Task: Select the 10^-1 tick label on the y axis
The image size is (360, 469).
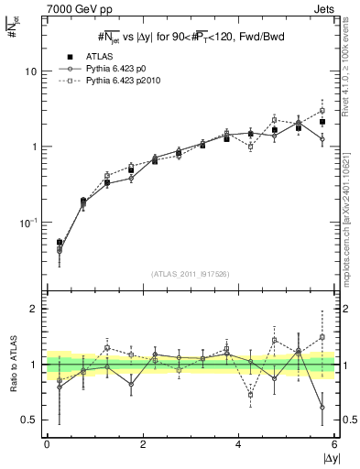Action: [x=30, y=223]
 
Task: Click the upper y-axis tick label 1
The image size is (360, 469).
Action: [x=35, y=147]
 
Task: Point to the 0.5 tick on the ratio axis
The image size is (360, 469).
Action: [x=30, y=420]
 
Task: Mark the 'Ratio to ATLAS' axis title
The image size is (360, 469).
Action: [x=12, y=366]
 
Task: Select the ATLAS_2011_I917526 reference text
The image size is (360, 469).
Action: [x=191, y=274]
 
